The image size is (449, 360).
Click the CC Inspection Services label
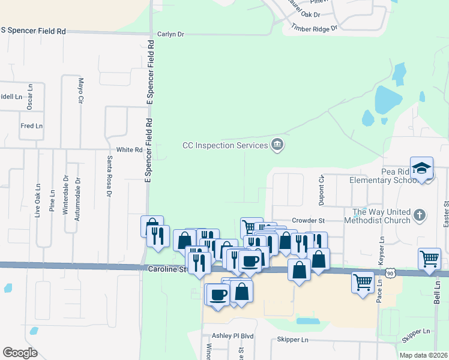(225, 145)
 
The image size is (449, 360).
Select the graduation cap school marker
(422, 169)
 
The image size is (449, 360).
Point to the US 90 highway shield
(391, 273)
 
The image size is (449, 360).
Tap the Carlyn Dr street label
(170, 34)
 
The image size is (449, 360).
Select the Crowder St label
(308, 221)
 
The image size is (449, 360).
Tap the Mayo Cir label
(80, 91)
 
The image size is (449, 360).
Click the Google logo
(20, 352)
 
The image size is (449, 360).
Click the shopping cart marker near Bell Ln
(430, 259)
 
